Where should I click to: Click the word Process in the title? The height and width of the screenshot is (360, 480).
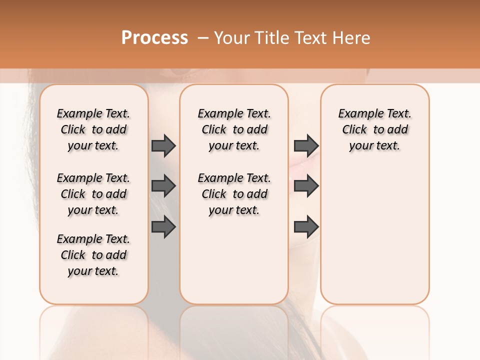click(154, 38)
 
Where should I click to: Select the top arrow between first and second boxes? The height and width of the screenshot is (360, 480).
click(163, 145)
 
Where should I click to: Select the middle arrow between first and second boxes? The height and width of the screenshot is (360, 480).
click(163, 186)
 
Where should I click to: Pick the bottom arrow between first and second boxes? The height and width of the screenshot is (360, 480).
click(163, 226)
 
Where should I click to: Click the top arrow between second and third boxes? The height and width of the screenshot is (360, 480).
click(306, 145)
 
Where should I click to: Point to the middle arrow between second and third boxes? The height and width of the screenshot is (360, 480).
click(306, 186)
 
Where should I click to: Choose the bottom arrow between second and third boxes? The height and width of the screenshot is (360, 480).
click(306, 226)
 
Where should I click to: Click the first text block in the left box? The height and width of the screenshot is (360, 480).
click(93, 129)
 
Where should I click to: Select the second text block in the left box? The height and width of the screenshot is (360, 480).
click(93, 194)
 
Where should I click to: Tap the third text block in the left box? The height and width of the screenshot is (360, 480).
click(93, 255)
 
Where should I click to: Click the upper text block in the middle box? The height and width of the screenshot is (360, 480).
click(234, 129)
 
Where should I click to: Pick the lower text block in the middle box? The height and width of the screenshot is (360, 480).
click(234, 194)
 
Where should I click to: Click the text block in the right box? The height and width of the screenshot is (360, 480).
click(375, 129)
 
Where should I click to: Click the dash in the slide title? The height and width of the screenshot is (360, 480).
click(202, 38)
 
